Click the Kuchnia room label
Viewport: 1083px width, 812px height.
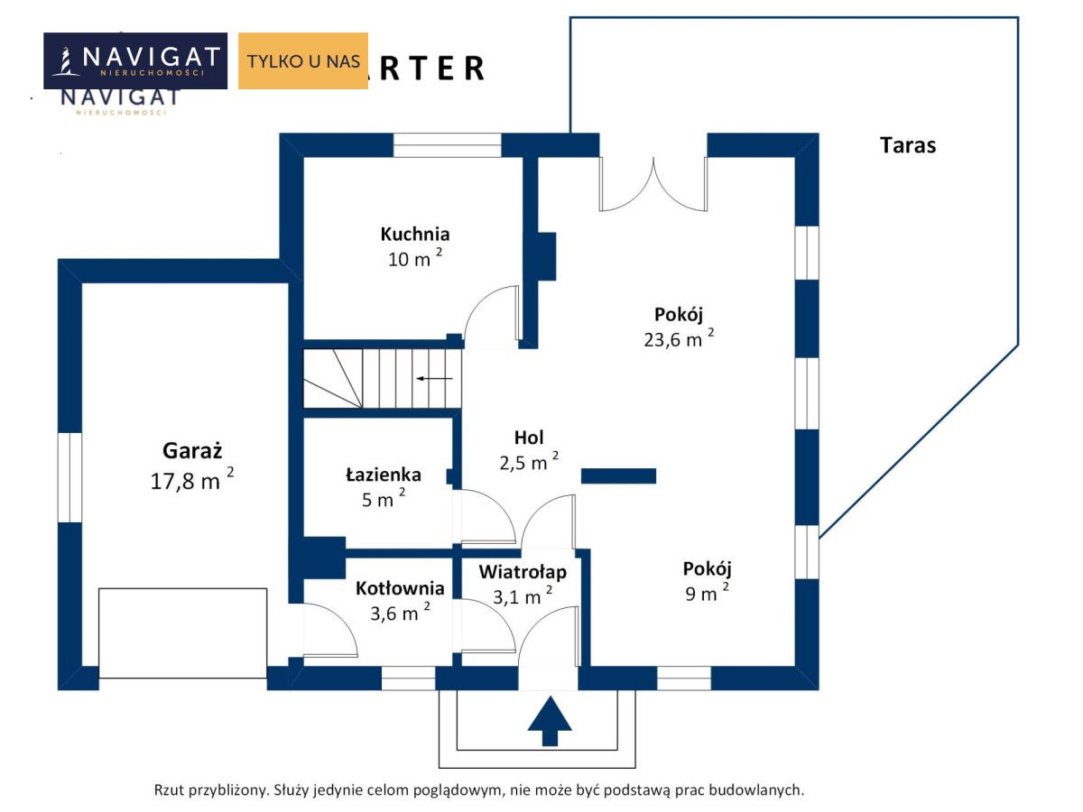coord(415,235)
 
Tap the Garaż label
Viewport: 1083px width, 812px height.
coord(192,449)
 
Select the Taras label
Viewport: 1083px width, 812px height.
coord(908,144)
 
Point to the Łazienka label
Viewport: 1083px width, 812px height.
coord(384,475)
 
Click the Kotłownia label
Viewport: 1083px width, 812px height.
coord(400,588)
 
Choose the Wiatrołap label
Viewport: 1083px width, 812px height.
coord(523,571)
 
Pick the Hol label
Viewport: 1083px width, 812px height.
coord(529,438)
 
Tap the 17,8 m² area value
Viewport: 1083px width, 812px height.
coord(192,480)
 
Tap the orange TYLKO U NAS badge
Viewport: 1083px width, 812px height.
coord(303,61)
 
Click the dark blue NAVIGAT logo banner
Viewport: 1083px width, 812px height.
coord(135,60)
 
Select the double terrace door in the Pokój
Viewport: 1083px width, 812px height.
coord(653,185)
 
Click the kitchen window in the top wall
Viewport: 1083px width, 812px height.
coord(447,145)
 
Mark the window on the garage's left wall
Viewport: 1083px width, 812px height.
coord(69,477)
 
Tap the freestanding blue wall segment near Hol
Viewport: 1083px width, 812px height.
coord(618,475)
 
